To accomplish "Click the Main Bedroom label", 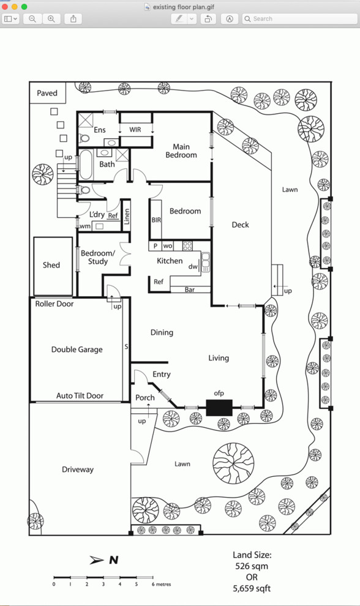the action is pyautogui.click(x=181, y=151).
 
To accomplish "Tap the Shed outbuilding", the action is pyautogui.click(x=53, y=266).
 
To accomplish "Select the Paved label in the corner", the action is pyautogui.click(x=47, y=93).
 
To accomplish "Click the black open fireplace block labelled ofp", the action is pyautogui.click(x=219, y=408).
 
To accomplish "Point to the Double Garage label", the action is pyautogui.click(x=77, y=350).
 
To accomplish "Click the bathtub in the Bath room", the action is pyautogui.click(x=86, y=165).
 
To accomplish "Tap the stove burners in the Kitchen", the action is pyautogui.click(x=187, y=246).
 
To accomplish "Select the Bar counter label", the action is pyautogui.click(x=189, y=290).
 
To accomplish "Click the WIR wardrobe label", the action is pyautogui.click(x=135, y=130).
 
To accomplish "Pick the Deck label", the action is pyautogui.click(x=240, y=225).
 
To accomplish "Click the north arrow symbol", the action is pyautogui.click(x=97, y=560).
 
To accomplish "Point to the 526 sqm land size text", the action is pyautogui.click(x=252, y=566).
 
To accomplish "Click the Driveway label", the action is pyautogui.click(x=78, y=469).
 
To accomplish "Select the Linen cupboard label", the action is pyautogui.click(x=127, y=217).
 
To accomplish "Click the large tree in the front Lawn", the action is pyautogui.click(x=233, y=463).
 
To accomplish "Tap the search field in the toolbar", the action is pyautogui.click(x=299, y=18).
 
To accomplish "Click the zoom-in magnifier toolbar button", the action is pyautogui.click(x=51, y=18).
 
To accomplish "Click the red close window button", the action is pyautogui.click(x=5, y=7).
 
